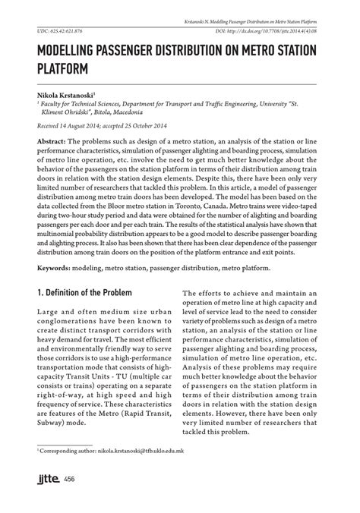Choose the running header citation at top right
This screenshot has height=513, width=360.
(x=254, y=16)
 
